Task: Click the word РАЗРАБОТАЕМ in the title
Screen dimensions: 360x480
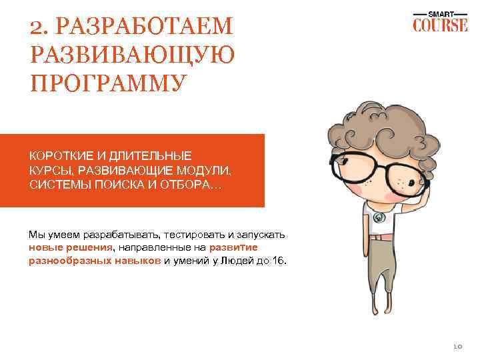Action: (143, 29)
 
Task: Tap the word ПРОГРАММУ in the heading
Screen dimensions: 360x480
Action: (106, 83)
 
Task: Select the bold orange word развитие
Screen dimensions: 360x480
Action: (259, 248)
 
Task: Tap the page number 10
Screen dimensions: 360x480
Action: (457, 345)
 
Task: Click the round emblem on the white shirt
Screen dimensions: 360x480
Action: (380, 217)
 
